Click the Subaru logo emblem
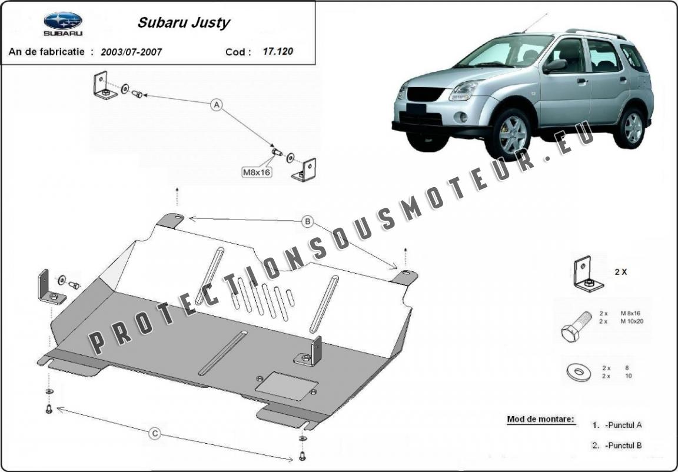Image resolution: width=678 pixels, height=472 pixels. pyautogui.click(x=63, y=21)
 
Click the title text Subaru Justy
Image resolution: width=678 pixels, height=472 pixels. pyautogui.click(x=184, y=22)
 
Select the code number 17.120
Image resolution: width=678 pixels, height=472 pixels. pyautogui.click(x=278, y=51)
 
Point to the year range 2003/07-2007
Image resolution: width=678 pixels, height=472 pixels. pyautogui.click(x=131, y=52)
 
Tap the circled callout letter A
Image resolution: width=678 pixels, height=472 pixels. pyautogui.click(x=216, y=105)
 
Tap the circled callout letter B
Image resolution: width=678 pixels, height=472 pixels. pyautogui.click(x=307, y=222)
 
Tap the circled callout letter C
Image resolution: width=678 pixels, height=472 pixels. pyautogui.click(x=155, y=434)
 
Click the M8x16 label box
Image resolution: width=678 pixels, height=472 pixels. pyautogui.click(x=257, y=172)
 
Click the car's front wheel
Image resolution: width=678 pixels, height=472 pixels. pyautogui.click(x=508, y=134)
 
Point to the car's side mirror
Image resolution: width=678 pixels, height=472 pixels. pyautogui.click(x=555, y=66)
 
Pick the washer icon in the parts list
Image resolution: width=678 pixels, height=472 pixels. pyautogui.click(x=579, y=372)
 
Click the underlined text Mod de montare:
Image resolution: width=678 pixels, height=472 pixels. pyautogui.click(x=540, y=419)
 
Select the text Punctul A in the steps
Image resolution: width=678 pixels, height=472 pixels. pyautogui.click(x=623, y=426)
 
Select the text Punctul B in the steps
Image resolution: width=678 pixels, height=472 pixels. pyautogui.click(x=623, y=445)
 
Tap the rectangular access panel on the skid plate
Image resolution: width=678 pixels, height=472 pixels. pyautogui.click(x=287, y=385)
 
